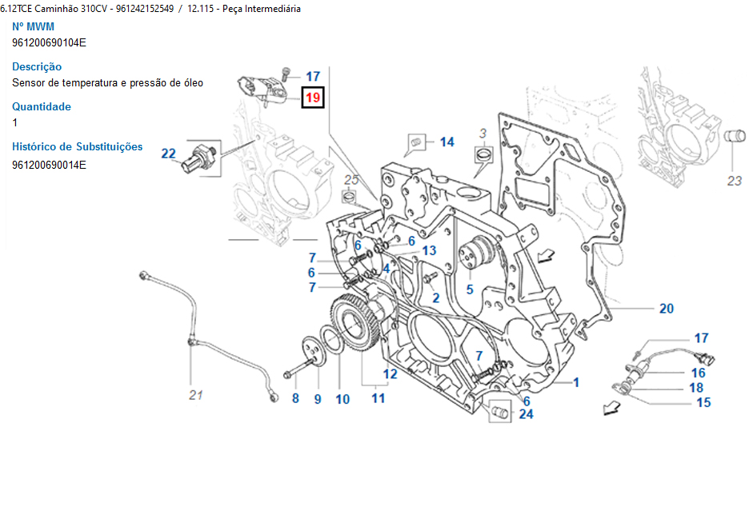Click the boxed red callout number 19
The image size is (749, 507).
coord(312,98)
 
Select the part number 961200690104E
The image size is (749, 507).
coord(49,42)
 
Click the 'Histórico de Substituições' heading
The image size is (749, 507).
coord(78,146)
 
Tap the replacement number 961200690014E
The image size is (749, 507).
coord(49,165)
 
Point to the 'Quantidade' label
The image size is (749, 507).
coord(42,106)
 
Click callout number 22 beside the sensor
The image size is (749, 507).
coord(168,154)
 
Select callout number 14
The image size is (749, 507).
coord(447,142)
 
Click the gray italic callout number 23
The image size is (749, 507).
coord(735,181)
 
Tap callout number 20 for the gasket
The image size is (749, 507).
coord(666,309)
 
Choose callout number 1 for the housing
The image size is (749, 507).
coord(575,383)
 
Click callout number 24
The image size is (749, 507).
coord(526,413)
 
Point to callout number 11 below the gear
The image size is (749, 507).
coord(378,397)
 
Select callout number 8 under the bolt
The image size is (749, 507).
coord(294,398)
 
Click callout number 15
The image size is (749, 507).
coord(703,402)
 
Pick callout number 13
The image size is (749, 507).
coord(429,250)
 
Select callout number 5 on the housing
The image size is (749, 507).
coord(470,289)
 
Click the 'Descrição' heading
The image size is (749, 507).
coord(37,66)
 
